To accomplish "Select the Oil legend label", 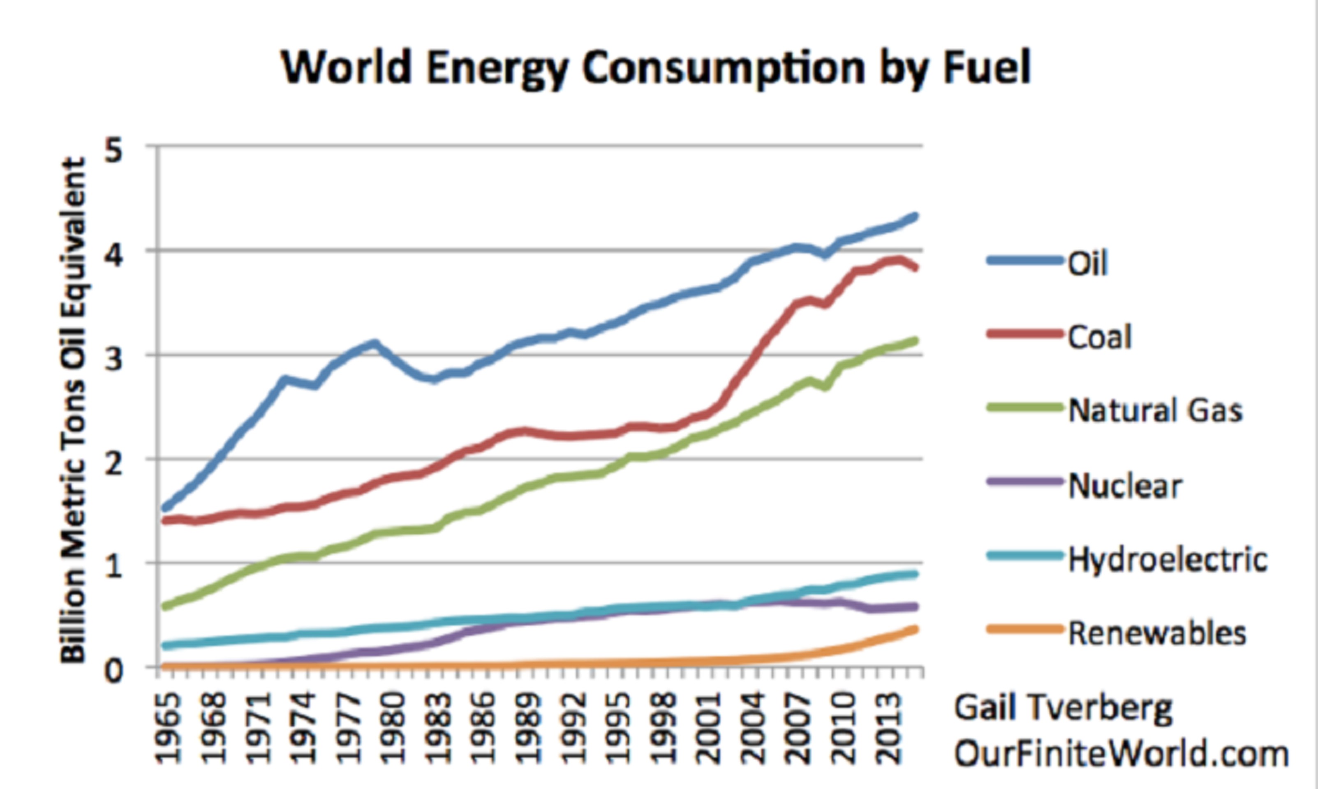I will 1088,263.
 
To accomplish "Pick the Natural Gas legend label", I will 1155,411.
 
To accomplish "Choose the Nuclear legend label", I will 1125,485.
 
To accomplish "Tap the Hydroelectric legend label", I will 1168,559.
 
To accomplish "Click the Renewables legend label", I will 1157,633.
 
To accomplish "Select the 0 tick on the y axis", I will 113,671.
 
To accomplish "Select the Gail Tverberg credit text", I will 1063,709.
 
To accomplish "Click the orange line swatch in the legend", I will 1024,630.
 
